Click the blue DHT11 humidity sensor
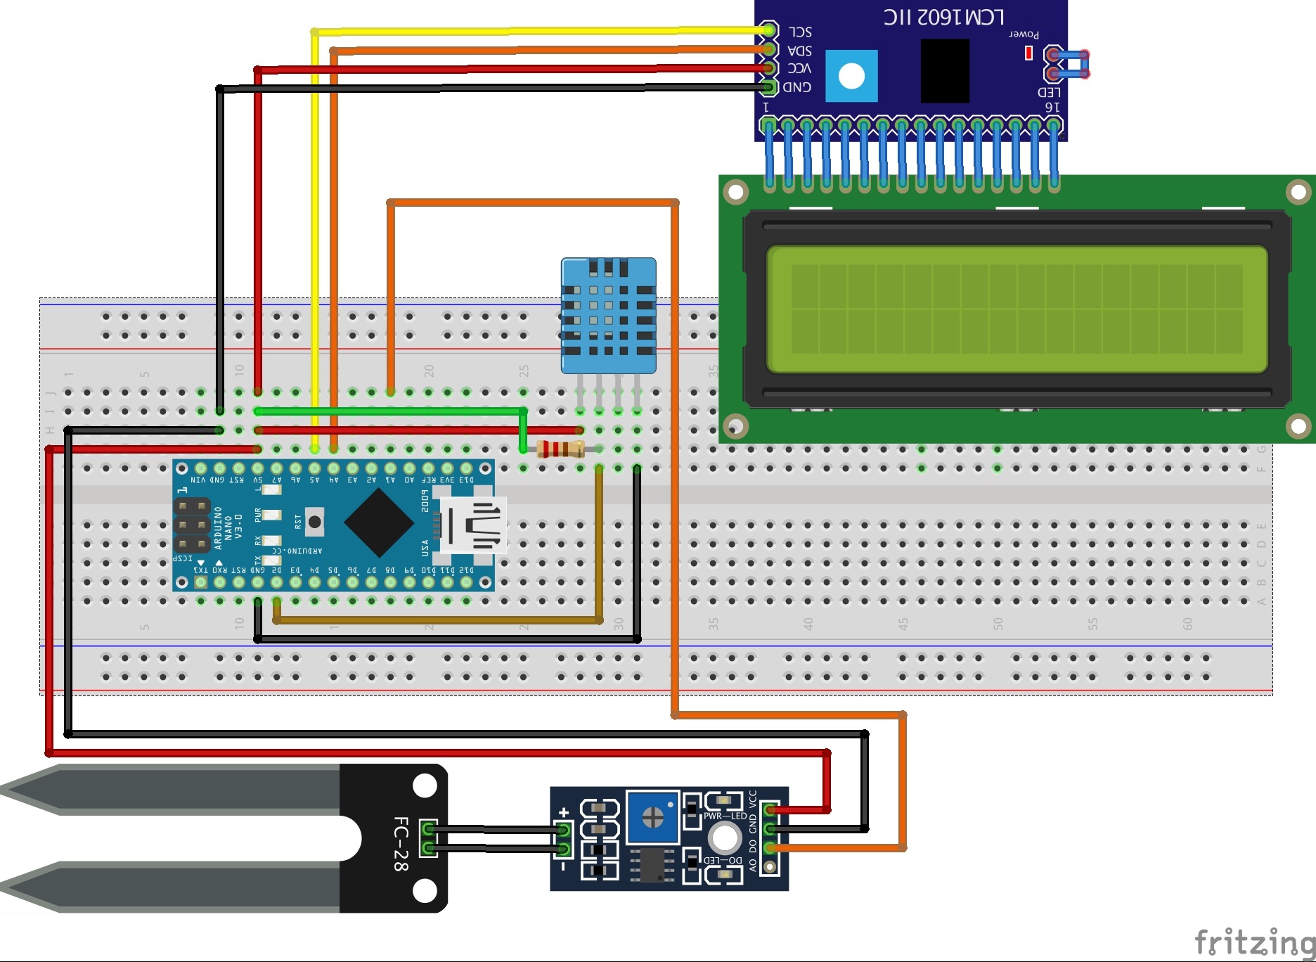(608, 315)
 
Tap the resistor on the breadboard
(560, 449)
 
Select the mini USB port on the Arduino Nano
(473, 525)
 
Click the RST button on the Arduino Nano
(314, 521)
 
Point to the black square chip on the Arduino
(379, 523)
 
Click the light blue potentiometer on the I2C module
(851, 76)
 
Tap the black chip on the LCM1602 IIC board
(945, 70)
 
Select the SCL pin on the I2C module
(770, 30)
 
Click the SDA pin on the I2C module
(770, 49)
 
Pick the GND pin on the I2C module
(770, 87)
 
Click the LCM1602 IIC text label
(943, 17)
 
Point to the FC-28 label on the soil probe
(401, 843)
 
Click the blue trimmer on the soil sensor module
(653, 816)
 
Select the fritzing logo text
(1254, 942)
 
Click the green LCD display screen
(1017, 309)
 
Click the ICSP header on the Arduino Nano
(192, 525)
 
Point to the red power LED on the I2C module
(1028, 53)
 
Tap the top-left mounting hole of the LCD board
(736, 191)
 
